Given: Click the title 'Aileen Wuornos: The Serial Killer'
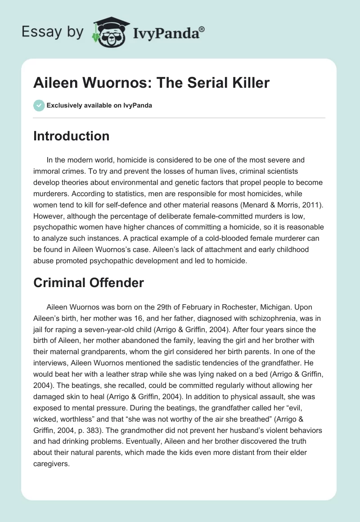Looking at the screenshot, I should click(151, 83).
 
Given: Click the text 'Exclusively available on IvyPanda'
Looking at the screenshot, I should click(99, 105).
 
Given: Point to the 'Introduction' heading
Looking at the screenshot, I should click(71, 136).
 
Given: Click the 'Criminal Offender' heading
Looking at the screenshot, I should click(88, 283).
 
